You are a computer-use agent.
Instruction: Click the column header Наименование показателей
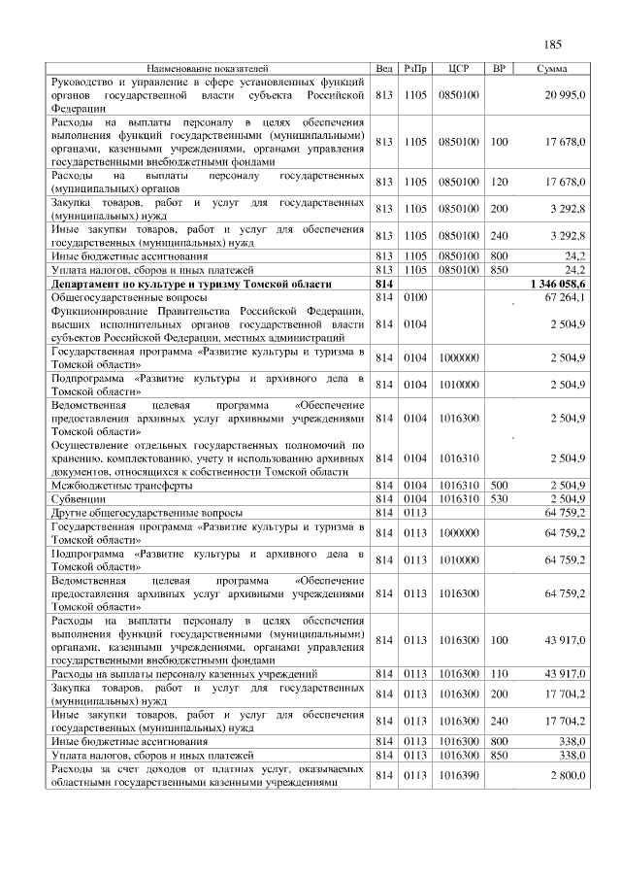click(207, 69)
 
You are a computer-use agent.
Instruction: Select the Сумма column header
click(552, 69)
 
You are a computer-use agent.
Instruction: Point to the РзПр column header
click(415, 69)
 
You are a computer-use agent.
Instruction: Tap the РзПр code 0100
click(415, 295)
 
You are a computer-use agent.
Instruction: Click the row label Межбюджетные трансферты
click(114, 485)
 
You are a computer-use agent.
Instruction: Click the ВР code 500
click(500, 485)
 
